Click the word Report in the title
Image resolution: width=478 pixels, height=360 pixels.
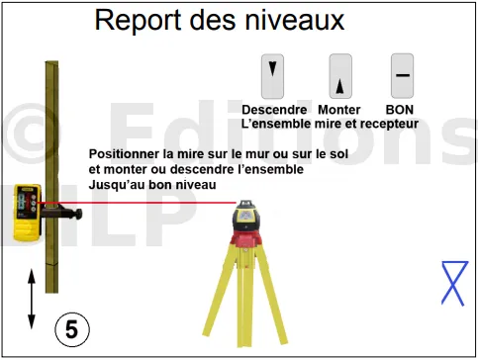pos(138,21)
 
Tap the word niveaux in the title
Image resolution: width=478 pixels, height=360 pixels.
pos(295,20)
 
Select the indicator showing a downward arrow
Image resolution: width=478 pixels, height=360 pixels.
pos(272,76)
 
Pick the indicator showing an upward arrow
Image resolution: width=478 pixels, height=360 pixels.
pos(340,76)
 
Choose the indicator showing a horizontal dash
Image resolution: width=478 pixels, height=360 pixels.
pos(402,76)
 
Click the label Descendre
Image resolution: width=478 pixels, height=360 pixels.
pos(274,110)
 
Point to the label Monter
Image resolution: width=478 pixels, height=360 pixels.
pos(339,110)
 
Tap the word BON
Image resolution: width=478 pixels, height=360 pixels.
pos(400,110)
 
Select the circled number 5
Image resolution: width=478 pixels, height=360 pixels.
pos(72,329)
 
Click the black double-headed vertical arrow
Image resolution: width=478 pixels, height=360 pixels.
pos(32,299)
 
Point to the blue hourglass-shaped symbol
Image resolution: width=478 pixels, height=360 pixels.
pos(454,284)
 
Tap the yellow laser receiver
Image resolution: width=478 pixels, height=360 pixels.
pos(27,213)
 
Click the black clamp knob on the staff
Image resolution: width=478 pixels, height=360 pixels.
pos(78,214)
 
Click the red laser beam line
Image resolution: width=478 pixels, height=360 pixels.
pos(137,203)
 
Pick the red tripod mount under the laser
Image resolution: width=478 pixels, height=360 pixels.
pos(245,239)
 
